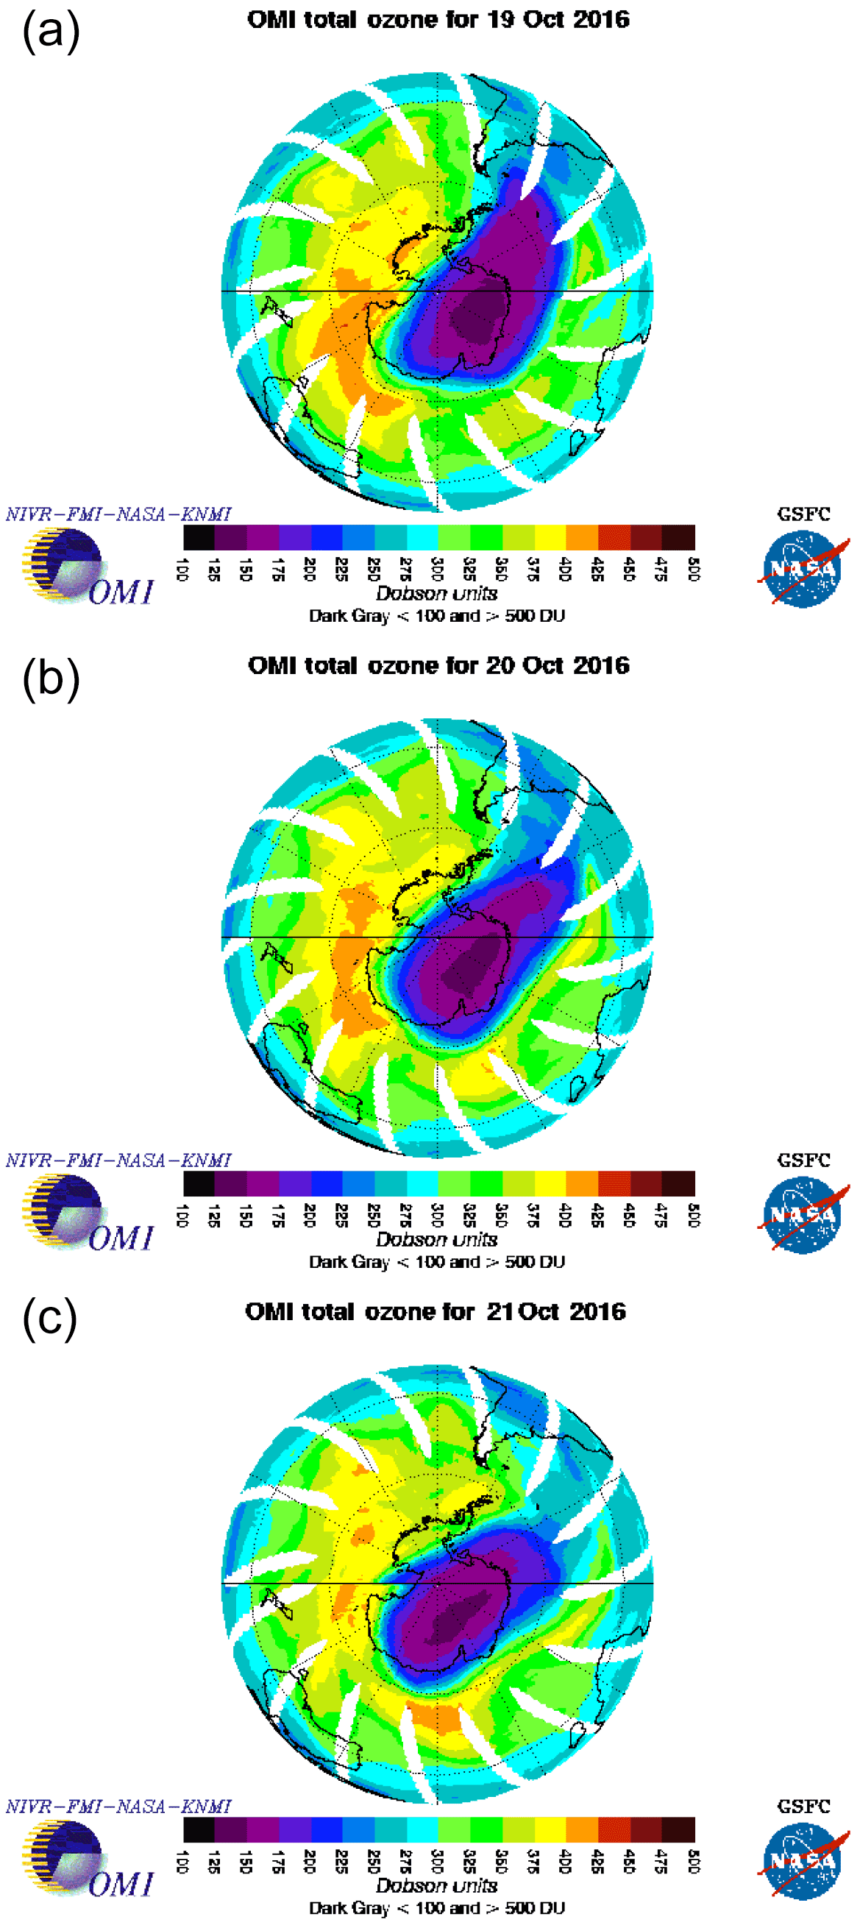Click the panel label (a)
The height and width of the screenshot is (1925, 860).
[x=51, y=33]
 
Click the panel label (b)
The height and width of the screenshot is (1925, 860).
[x=51, y=680]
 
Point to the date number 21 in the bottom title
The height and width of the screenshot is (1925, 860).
[x=500, y=1311]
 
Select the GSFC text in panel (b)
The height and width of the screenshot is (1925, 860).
[x=803, y=1160]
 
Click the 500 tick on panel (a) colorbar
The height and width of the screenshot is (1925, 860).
[x=694, y=569]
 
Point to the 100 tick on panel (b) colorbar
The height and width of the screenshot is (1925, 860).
[x=182, y=1215]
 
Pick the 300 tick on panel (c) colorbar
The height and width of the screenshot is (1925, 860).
[x=438, y=1861]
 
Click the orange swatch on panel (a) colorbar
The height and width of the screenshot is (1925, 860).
[x=582, y=537]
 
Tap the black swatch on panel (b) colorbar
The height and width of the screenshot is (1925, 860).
[x=199, y=1184]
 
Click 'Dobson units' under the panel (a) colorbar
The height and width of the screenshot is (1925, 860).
[x=437, y=593]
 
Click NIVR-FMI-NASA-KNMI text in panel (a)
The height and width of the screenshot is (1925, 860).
[x=118, y=514]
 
